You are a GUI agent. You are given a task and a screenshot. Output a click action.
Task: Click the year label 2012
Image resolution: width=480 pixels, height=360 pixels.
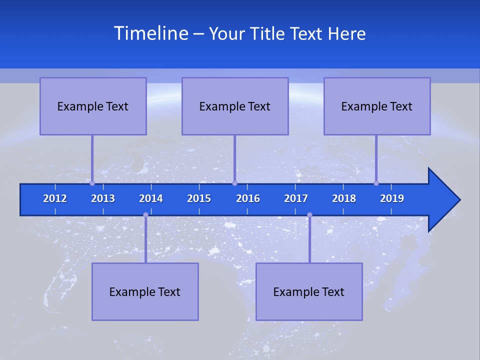pyautogui.click(x=55, y=198)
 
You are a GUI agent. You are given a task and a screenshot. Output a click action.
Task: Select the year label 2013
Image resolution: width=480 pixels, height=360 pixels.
pyautogui.click(x=103, y=198)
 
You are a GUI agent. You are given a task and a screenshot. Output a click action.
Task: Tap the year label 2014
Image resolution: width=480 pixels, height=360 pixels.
pyautogui.click(x=151, y=198)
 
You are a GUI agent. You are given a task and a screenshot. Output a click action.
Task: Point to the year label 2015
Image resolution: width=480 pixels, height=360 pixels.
pyautogui.click(x=199, y=198)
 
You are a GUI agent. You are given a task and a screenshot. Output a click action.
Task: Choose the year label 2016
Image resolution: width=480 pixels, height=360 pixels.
pyautogui.click(x=248, y=198)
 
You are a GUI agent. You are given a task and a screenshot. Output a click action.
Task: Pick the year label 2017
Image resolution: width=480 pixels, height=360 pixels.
pyautogui.click(x=296, y=198)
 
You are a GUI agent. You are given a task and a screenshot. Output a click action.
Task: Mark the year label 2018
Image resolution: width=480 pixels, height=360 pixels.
pyautogui.click(x=344, y=198)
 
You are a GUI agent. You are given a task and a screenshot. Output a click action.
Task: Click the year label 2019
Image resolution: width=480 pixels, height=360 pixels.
pyautogui.click(x=392, y=198)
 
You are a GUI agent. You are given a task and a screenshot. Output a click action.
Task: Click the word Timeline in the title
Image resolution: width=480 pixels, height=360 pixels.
pyautogui.click(x=150, y=33)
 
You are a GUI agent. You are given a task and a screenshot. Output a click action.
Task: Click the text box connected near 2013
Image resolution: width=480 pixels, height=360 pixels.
pyautogui.click(x=93, y=106)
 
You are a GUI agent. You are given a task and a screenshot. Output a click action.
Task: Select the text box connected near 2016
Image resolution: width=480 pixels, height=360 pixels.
pyautogui.click(x=235, y=106)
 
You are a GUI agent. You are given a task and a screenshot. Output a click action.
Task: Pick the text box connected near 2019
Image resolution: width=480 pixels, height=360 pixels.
pyautogui.click(x=377, y=106)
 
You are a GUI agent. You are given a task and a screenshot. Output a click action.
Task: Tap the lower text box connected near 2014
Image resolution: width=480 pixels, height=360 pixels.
pyautogui.click(x=145, y=291)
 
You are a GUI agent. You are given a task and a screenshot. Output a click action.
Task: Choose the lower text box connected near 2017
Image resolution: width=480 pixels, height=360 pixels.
pyautogui.click(x=309, y=291)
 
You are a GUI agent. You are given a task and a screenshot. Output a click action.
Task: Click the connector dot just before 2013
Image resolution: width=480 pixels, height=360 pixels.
pyautogui.click(x=92, y=183)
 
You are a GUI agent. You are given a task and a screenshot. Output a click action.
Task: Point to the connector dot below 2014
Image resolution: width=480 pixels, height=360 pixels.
pyautogui.click(x=145, y=215)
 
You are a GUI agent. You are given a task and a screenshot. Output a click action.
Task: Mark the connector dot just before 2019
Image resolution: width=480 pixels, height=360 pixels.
pyautogui.click(x=376, y=183)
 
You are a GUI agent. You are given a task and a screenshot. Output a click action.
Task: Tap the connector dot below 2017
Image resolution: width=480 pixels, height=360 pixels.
pyautogui.click(x=309, y=215)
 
